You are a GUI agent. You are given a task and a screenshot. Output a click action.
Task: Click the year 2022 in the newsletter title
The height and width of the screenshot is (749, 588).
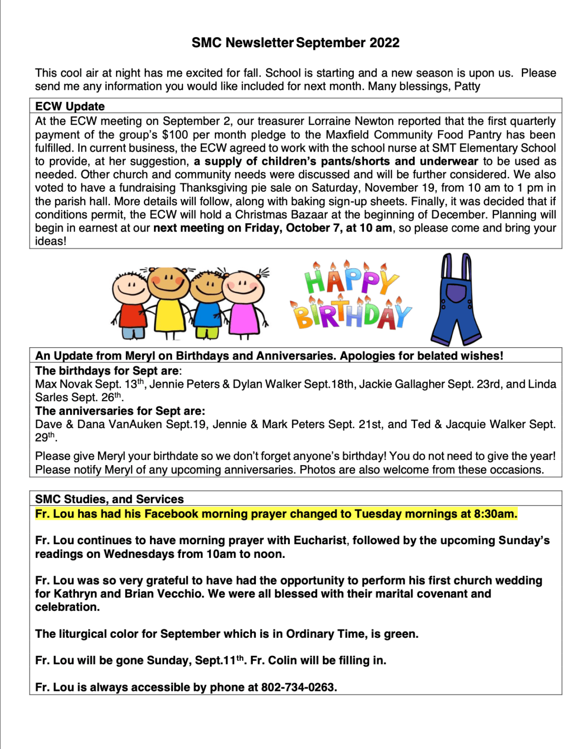384,43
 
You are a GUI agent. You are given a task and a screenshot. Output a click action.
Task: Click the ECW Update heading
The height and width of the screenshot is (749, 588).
70,106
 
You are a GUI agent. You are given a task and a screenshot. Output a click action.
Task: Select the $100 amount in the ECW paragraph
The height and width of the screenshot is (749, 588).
175,135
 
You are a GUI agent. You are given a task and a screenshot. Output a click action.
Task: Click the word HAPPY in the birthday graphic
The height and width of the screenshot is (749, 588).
351,280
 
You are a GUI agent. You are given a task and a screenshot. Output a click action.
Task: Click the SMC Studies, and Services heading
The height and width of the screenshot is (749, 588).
109,499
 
